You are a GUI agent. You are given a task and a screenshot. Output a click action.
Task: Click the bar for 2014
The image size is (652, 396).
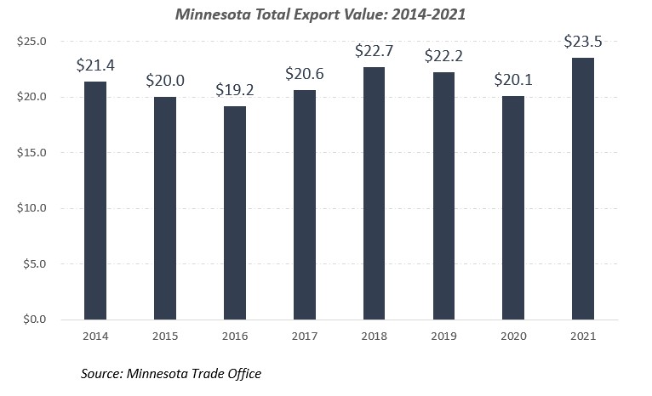(x=95, y=201)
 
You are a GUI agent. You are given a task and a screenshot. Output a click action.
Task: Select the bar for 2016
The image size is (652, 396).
(x=234, y=212)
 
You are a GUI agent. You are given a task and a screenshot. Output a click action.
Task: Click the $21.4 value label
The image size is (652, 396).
(x=95, y=65)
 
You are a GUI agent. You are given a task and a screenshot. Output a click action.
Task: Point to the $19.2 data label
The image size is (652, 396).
(x=234, y=89)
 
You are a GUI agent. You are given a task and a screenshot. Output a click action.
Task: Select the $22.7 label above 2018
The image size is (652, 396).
(x=374, y=50)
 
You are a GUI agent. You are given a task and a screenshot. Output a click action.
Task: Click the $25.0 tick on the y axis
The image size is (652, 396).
(x=31, y=42)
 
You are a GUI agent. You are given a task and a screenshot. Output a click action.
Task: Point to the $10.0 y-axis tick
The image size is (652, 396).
(x=31, y=208)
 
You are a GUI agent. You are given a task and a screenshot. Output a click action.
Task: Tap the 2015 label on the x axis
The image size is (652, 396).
(x=165, y=336)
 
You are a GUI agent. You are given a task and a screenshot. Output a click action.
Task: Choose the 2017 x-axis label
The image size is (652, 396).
(x=304, y=336)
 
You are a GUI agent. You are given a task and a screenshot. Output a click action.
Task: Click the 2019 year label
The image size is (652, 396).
(x=443, y=336)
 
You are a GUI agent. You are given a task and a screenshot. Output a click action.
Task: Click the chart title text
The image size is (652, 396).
(x=325, y=14)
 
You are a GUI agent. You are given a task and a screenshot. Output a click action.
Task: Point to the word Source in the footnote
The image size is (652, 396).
(x=102, y=373)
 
